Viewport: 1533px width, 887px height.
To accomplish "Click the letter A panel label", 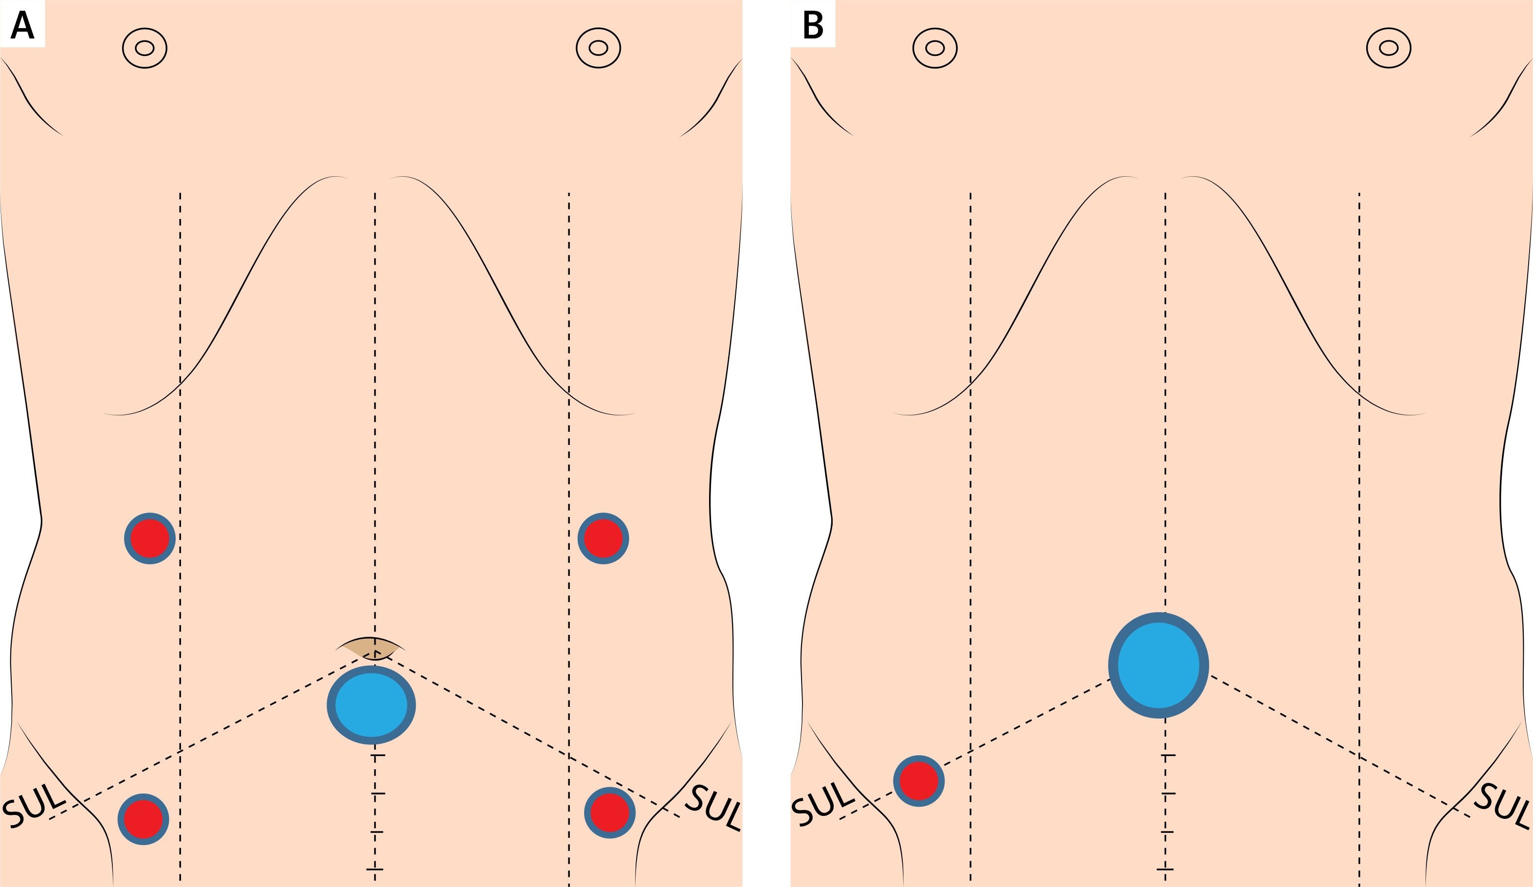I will pos(22,24).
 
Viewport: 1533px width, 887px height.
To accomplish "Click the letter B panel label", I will pos(813,25).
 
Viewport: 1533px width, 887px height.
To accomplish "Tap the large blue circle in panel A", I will pos(371,705).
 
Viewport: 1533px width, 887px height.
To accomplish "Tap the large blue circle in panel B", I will pos(1158,665).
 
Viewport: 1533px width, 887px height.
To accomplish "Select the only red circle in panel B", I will pos(919,781).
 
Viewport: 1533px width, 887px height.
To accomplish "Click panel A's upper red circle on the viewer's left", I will pos(150,538).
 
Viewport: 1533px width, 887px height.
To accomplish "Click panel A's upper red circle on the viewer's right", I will pos(603,538).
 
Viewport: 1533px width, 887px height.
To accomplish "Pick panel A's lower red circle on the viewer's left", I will pos(143,819).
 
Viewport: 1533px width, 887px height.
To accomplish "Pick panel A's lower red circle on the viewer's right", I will pos(609,813).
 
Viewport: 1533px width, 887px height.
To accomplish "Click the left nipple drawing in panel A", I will pos(145,48).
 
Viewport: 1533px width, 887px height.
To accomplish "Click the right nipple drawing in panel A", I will pos(598,48).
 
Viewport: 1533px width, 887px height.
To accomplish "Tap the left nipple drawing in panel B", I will pos(935,48).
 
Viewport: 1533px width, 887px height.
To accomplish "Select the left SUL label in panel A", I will pos(34,807).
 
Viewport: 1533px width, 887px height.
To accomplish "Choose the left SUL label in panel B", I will pos(822,807).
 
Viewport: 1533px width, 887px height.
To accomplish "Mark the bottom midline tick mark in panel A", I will pos(375,869).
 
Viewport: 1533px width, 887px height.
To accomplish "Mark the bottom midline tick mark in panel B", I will pos(1165,869).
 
